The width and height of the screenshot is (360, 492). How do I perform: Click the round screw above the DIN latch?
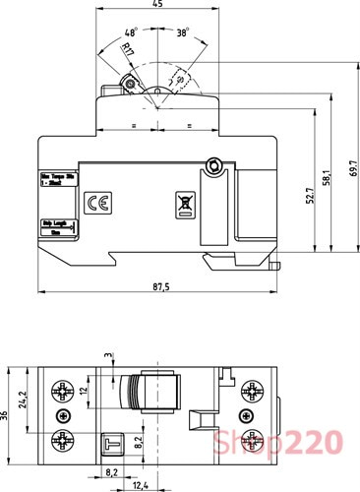click(x=210, y=166)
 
